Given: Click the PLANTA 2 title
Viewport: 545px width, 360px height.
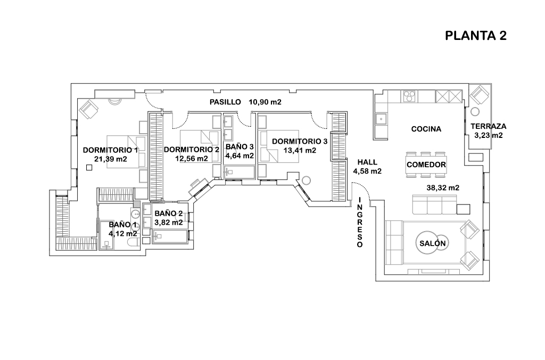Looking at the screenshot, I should coord(475,36).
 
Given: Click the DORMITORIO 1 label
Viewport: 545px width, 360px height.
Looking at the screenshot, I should coord(110,150).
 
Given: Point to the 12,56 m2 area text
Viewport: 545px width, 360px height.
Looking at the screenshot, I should coord(191,158).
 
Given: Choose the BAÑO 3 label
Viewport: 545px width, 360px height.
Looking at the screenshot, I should coord(240,146).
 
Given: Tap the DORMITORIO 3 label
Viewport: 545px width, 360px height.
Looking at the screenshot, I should coord(300,141).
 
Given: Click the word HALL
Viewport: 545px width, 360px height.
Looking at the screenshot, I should coord(367,162).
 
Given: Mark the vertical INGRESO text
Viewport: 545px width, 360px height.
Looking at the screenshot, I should coord(360,222).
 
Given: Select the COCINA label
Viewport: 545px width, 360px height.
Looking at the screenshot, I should coord(426,129).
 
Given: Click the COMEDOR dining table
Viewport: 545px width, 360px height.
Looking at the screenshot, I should coord(426,165).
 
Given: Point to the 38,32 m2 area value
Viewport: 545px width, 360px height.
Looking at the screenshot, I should coord(443,187).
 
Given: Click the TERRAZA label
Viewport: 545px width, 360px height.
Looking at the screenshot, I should coord(488,126).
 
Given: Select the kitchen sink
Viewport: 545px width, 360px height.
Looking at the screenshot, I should coord(381,118).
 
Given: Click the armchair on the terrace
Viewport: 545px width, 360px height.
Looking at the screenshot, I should coord(480,96).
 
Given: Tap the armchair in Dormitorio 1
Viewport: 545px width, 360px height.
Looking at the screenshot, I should coord(89,110).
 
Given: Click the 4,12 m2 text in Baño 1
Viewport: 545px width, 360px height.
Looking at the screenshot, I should coord(123,233).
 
